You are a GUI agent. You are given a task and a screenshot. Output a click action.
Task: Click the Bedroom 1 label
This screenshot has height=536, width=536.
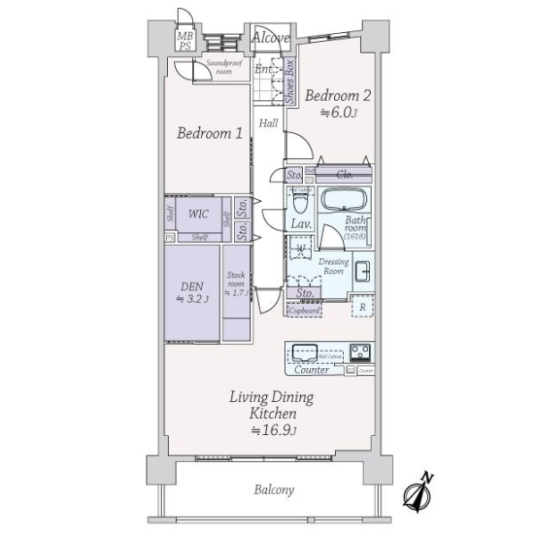(209, 134)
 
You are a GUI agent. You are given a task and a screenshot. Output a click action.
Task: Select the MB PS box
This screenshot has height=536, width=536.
(185, 39)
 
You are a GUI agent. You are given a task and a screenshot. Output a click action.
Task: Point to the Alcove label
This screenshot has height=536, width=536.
(269, 38)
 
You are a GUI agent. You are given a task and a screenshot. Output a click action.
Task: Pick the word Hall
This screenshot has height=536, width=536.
(269, 123)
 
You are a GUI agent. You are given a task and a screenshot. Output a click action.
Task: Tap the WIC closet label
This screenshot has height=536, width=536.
(198, 214)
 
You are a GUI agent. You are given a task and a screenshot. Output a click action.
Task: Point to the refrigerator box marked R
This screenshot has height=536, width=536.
(362, 306)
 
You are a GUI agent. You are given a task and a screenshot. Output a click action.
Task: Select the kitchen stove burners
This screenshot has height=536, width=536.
(360, 350)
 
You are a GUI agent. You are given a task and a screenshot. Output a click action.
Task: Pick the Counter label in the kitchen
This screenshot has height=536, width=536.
(311, 369)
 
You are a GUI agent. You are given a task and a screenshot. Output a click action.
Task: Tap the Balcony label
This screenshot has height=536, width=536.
(273, 490)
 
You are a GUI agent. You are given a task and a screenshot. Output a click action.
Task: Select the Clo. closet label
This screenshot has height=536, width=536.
(345, 175)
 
